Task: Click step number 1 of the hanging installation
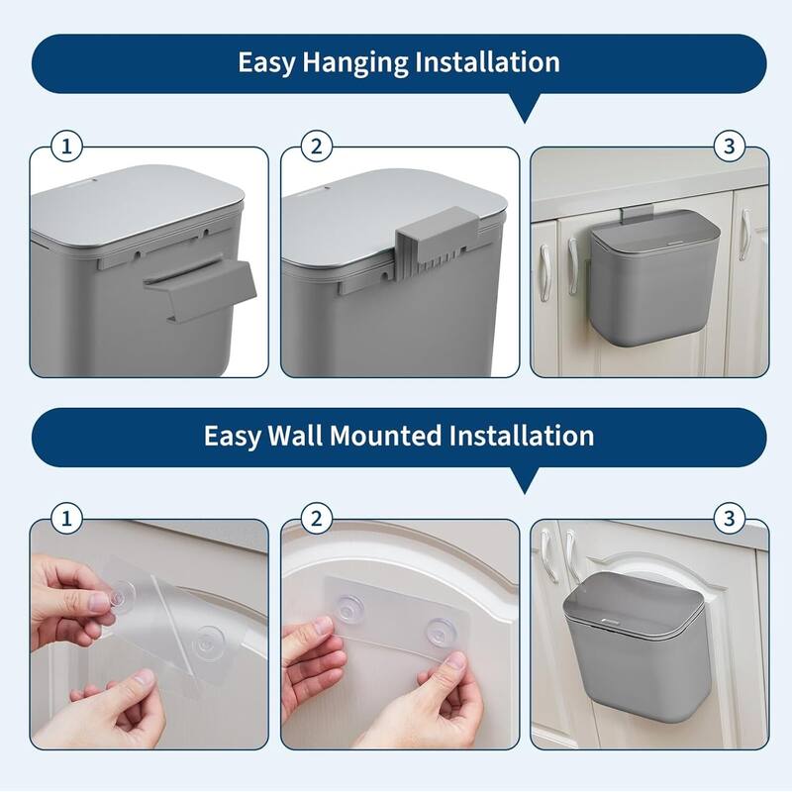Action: click(x=67, y=148)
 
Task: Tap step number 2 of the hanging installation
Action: click(x=316, y=148)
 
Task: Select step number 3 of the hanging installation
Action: click(x=729, y=148)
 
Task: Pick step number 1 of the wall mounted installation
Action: click(x=67, y=518)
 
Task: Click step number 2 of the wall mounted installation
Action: click(x=316, y=518)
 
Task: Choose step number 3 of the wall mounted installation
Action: click(x=729, y=518)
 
